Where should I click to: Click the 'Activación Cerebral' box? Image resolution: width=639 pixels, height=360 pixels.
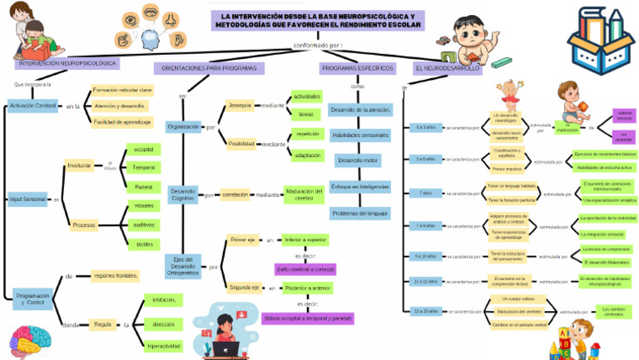point(32,106)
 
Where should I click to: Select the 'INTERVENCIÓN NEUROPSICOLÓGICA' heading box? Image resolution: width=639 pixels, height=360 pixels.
point(67,63)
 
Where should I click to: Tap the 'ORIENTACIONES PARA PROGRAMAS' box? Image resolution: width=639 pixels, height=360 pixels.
point(209,68)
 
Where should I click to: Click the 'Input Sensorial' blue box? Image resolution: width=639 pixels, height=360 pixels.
point(27,200)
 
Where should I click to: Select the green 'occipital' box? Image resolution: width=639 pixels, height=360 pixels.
point(143,150)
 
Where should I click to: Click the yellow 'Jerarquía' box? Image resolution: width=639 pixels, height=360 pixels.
point(240,106)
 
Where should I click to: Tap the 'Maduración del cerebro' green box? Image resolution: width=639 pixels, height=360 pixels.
point(304,195)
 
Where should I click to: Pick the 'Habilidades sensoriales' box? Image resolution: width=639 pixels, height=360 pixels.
point(359,135)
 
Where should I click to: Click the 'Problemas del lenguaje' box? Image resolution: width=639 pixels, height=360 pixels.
point(359,214)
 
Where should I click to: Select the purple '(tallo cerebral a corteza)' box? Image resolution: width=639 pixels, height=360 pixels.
point(305,269)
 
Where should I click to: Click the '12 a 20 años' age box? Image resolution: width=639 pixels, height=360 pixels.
point(425,312)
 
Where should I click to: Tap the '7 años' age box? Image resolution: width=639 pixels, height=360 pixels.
point(425,193)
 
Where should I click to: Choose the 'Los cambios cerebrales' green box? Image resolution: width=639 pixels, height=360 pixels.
point(612,311)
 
